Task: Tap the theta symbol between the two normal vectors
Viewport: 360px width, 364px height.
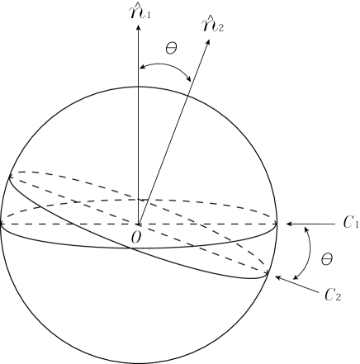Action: [x=171, y=49]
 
